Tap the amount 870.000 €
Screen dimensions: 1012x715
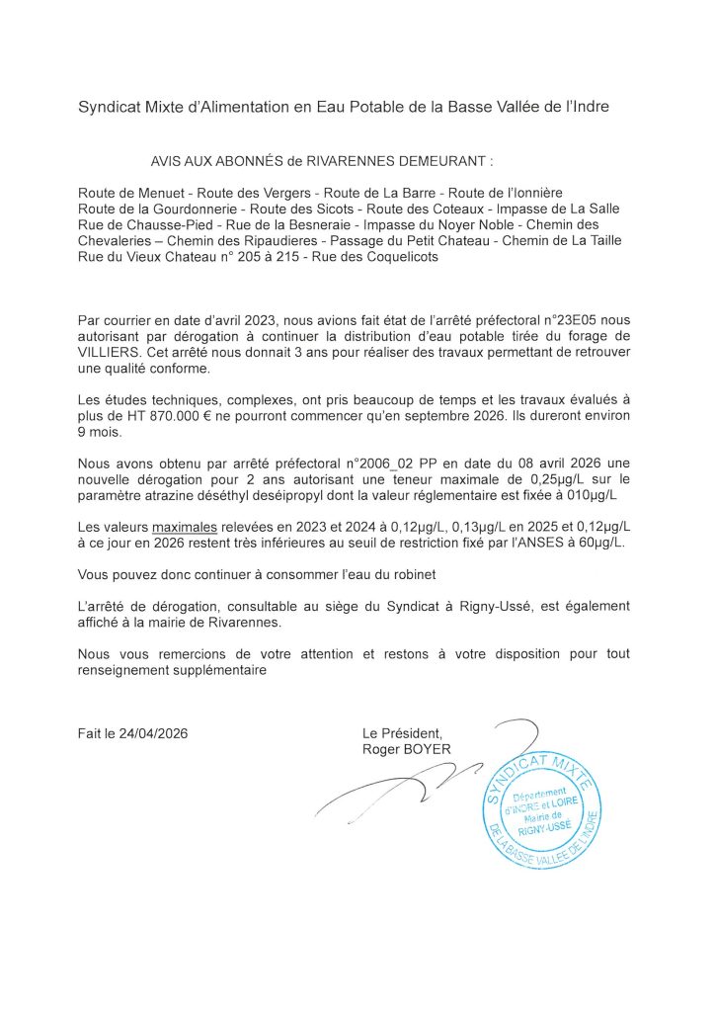(180, 415)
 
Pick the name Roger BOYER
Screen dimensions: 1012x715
(407, 749)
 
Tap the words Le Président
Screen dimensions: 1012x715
(403, 733)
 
